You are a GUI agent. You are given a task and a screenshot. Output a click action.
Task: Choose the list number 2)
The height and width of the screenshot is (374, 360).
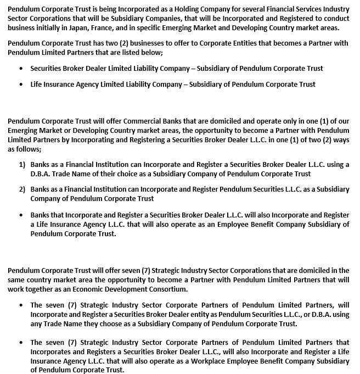tap(22, 189)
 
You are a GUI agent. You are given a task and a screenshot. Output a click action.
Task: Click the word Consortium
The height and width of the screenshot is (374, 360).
tap(168, 289)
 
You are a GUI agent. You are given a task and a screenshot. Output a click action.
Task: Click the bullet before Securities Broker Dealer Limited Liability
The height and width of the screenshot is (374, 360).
tap(21, 69)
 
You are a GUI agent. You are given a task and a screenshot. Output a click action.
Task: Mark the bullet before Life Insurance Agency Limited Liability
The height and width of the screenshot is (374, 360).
tap(21, 85)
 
